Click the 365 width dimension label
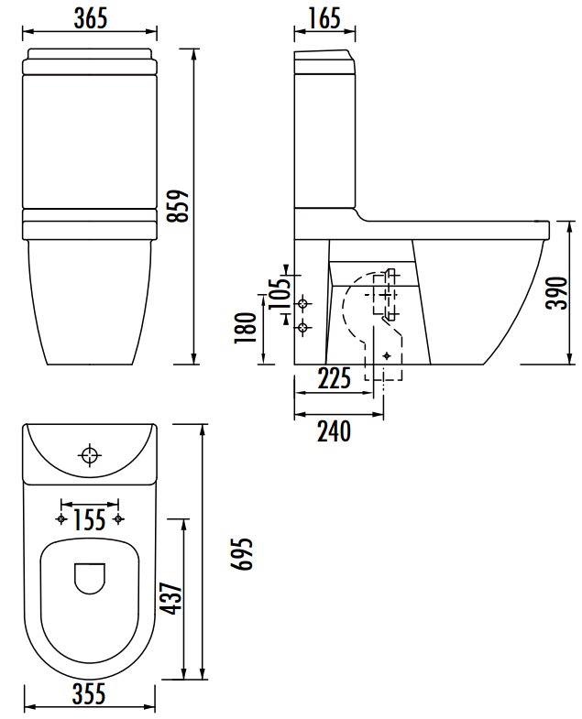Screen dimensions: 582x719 click(91, 18)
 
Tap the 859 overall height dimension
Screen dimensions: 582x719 click(178, 206)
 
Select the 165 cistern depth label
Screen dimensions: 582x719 click(324, 18)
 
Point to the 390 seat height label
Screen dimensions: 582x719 click(557, 293)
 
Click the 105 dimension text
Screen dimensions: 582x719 click(280, 294)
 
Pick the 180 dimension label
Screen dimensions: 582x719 click(245, 327)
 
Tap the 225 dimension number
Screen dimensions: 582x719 click(334, 378)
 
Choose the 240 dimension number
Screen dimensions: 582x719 click(334, 431)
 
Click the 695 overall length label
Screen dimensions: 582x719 click(241, 553)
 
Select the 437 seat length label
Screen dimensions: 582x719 click(170, 598)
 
